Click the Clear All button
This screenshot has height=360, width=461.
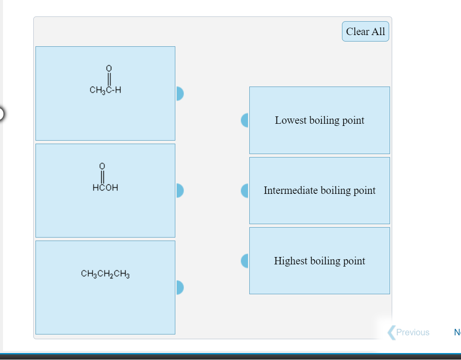tap(365, 32)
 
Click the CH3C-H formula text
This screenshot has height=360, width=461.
tap(105, 90)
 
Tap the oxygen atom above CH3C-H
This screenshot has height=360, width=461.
tap(109, 68)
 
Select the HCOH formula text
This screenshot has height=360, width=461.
tap(105, 188)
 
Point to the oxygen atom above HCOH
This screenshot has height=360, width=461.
tap(102, 166)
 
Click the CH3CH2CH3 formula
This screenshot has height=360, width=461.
tap(105, 274)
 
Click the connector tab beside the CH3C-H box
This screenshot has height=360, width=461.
tap(180, 93)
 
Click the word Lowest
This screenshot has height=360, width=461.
tap(290, 120)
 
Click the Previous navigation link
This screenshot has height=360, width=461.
tap(413, 332)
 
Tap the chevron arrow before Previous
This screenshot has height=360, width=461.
tap(391, 332)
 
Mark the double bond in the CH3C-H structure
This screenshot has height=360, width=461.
tap(109, 79)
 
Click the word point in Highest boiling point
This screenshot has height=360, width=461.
tap(354, 261)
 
